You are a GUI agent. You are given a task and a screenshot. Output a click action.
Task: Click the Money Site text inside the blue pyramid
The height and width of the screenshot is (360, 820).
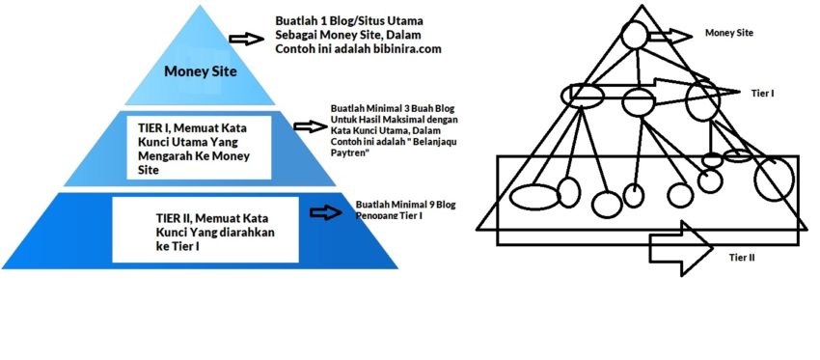click(200, 70)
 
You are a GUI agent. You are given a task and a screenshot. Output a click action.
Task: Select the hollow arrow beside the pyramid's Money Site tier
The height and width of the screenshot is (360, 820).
click(246, 39)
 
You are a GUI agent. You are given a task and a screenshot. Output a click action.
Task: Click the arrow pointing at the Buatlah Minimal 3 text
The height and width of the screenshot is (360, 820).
click(309, 126)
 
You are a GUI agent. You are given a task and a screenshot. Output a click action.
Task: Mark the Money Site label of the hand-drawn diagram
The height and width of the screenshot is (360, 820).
click(728, 33)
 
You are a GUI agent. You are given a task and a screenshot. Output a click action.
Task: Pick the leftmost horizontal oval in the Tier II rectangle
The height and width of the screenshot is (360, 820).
click(534, 196)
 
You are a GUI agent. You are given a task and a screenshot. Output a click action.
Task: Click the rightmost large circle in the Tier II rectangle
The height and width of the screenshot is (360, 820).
click(775, 180)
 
